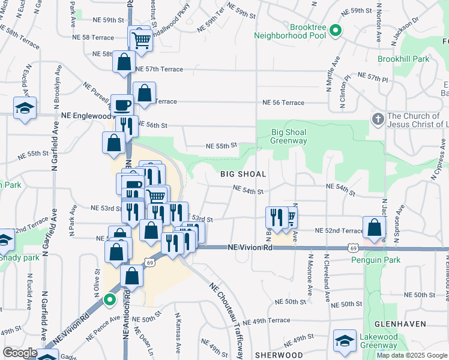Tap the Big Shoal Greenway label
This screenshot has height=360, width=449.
click(x=289, y=136)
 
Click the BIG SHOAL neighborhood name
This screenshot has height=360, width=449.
click(x=242, y=174)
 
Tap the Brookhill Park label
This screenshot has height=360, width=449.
click(x=403, y=59)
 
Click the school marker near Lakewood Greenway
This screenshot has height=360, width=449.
click(x=345, y=341)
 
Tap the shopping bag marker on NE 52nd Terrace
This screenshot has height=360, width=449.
click(x=375, y=228)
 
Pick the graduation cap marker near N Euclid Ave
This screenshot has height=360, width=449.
click(x=25, y=108)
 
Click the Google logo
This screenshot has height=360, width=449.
click(x=20, y=353)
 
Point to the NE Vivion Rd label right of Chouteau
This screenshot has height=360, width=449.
click(x=250, y=247)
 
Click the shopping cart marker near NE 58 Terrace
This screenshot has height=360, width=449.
click(x=141, y=41)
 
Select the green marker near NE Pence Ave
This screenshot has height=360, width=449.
click(x=109, y=299)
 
